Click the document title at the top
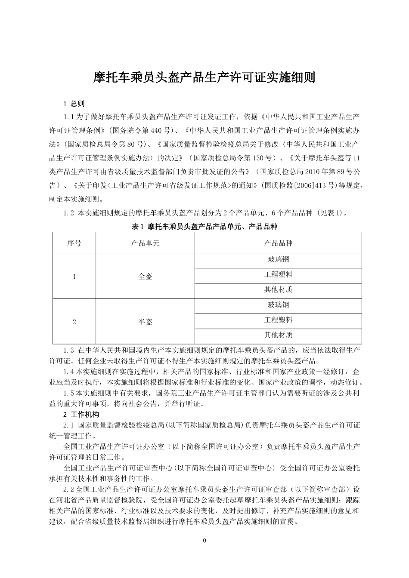[204, 78]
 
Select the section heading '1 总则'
[74, 104]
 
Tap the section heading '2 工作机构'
[81, 415]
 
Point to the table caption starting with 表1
[204, 227]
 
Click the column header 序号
[74, 243]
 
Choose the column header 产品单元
[145, 243]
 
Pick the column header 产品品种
[278, 243]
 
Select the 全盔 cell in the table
[145, 277]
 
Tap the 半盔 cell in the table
[145, 322]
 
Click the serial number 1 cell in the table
[74, 277]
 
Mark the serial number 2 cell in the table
[74, 322]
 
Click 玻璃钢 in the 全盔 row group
[278, 260]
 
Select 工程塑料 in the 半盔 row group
[278, 320]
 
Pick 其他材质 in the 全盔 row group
[278, 290]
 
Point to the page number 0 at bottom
[204, 541]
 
